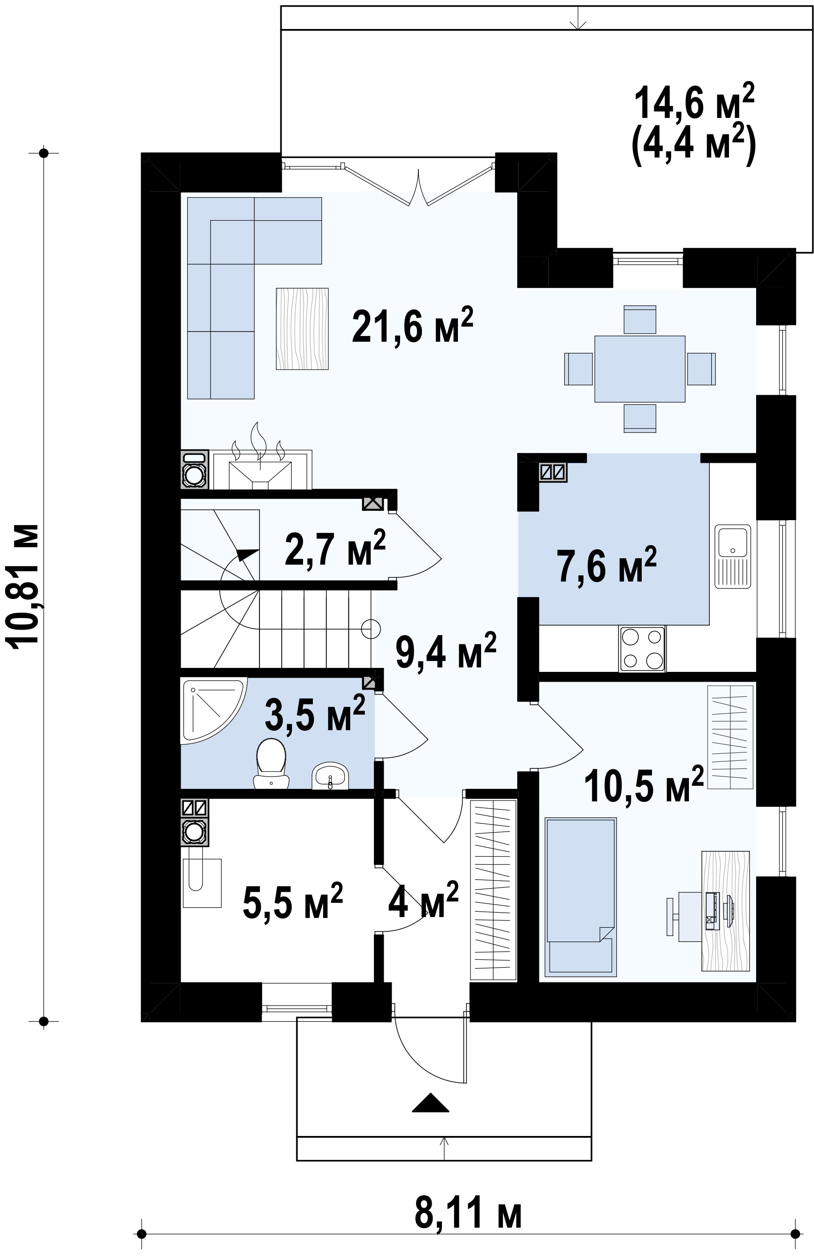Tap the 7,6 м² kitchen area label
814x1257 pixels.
(x=607, y=565)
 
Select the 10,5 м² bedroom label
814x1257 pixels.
(x=644, y=784)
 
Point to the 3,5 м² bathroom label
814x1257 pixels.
(x=315, y=712)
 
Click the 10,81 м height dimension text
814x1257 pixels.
(x=22, y=584)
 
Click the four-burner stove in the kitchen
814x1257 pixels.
(x=642, y=649)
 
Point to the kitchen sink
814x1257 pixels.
(x=733, y=556)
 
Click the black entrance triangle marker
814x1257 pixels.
(x=430, y=1102)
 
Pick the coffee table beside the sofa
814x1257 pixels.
(x=302, y=328)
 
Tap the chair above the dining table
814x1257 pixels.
(x=640, y=319)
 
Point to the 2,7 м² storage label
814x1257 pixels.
(x=335, y=548)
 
